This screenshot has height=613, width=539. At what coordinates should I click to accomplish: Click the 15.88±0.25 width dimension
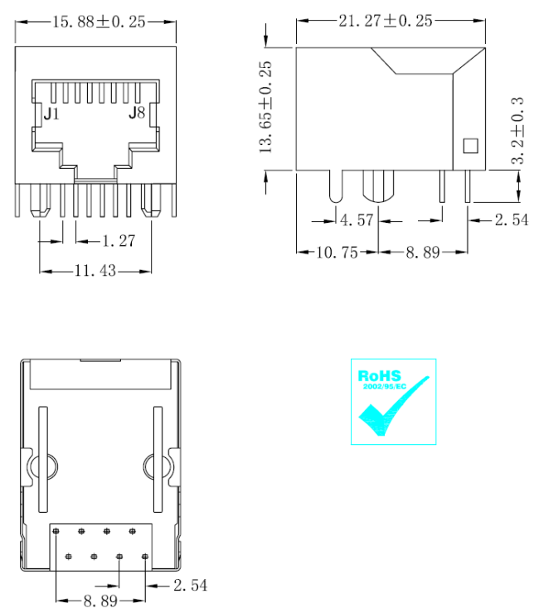(99, 22)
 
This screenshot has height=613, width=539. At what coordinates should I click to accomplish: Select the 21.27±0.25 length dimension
(386, 21)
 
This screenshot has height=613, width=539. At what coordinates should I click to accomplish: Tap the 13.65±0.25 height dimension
(265, 107)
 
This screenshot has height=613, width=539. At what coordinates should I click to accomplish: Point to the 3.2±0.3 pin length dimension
(517, 131)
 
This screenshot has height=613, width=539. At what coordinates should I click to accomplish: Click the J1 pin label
(51, 113)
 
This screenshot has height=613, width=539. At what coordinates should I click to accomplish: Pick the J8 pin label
(137, 113)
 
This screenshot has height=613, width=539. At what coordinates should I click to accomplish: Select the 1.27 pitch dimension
(119, 241)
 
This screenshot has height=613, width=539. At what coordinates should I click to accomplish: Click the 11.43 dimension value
(95, 271)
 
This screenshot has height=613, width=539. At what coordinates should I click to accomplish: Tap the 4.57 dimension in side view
(357, 220)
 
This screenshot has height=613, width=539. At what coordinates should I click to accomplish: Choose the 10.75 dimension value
(337, 252)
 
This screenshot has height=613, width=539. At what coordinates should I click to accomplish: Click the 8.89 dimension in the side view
(423, 252)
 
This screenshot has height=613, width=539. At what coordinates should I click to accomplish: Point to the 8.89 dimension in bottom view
(100, 601)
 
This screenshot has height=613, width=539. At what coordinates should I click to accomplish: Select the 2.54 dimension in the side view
(512, 220)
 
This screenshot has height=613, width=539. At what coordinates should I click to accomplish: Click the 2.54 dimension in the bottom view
(191, 585)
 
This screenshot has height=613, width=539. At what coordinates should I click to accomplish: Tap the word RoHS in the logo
(379, 376)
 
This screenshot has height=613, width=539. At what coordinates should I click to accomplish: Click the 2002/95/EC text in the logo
(385, 387)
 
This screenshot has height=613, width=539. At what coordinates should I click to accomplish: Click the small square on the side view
(470, 146)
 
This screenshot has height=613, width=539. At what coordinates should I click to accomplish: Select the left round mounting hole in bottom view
(43, 466)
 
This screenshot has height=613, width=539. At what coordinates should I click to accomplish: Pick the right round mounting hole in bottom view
(158, 466)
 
